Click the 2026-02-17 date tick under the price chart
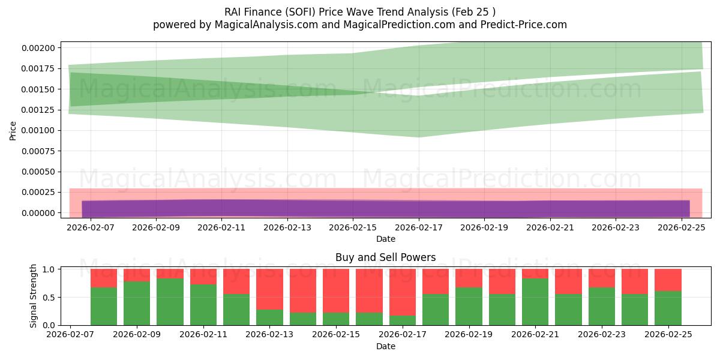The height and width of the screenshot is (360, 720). point(419,227)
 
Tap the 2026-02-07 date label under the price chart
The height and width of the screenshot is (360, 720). point(90,227)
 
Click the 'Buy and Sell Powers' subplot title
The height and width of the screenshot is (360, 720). point(385,258)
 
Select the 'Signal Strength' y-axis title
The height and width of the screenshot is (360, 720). point(34,296)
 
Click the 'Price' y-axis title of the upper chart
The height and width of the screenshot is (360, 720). point(13,130)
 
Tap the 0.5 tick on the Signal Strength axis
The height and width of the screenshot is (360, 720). point(50,297)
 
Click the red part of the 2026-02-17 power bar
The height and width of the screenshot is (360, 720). point(403,291)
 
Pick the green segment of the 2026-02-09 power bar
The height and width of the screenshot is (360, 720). point(137,303)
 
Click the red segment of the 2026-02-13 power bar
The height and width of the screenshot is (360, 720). point(269,288)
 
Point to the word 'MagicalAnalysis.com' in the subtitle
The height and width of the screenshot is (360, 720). point(262,25)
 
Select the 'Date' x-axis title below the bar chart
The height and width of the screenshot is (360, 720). point(385,346)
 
